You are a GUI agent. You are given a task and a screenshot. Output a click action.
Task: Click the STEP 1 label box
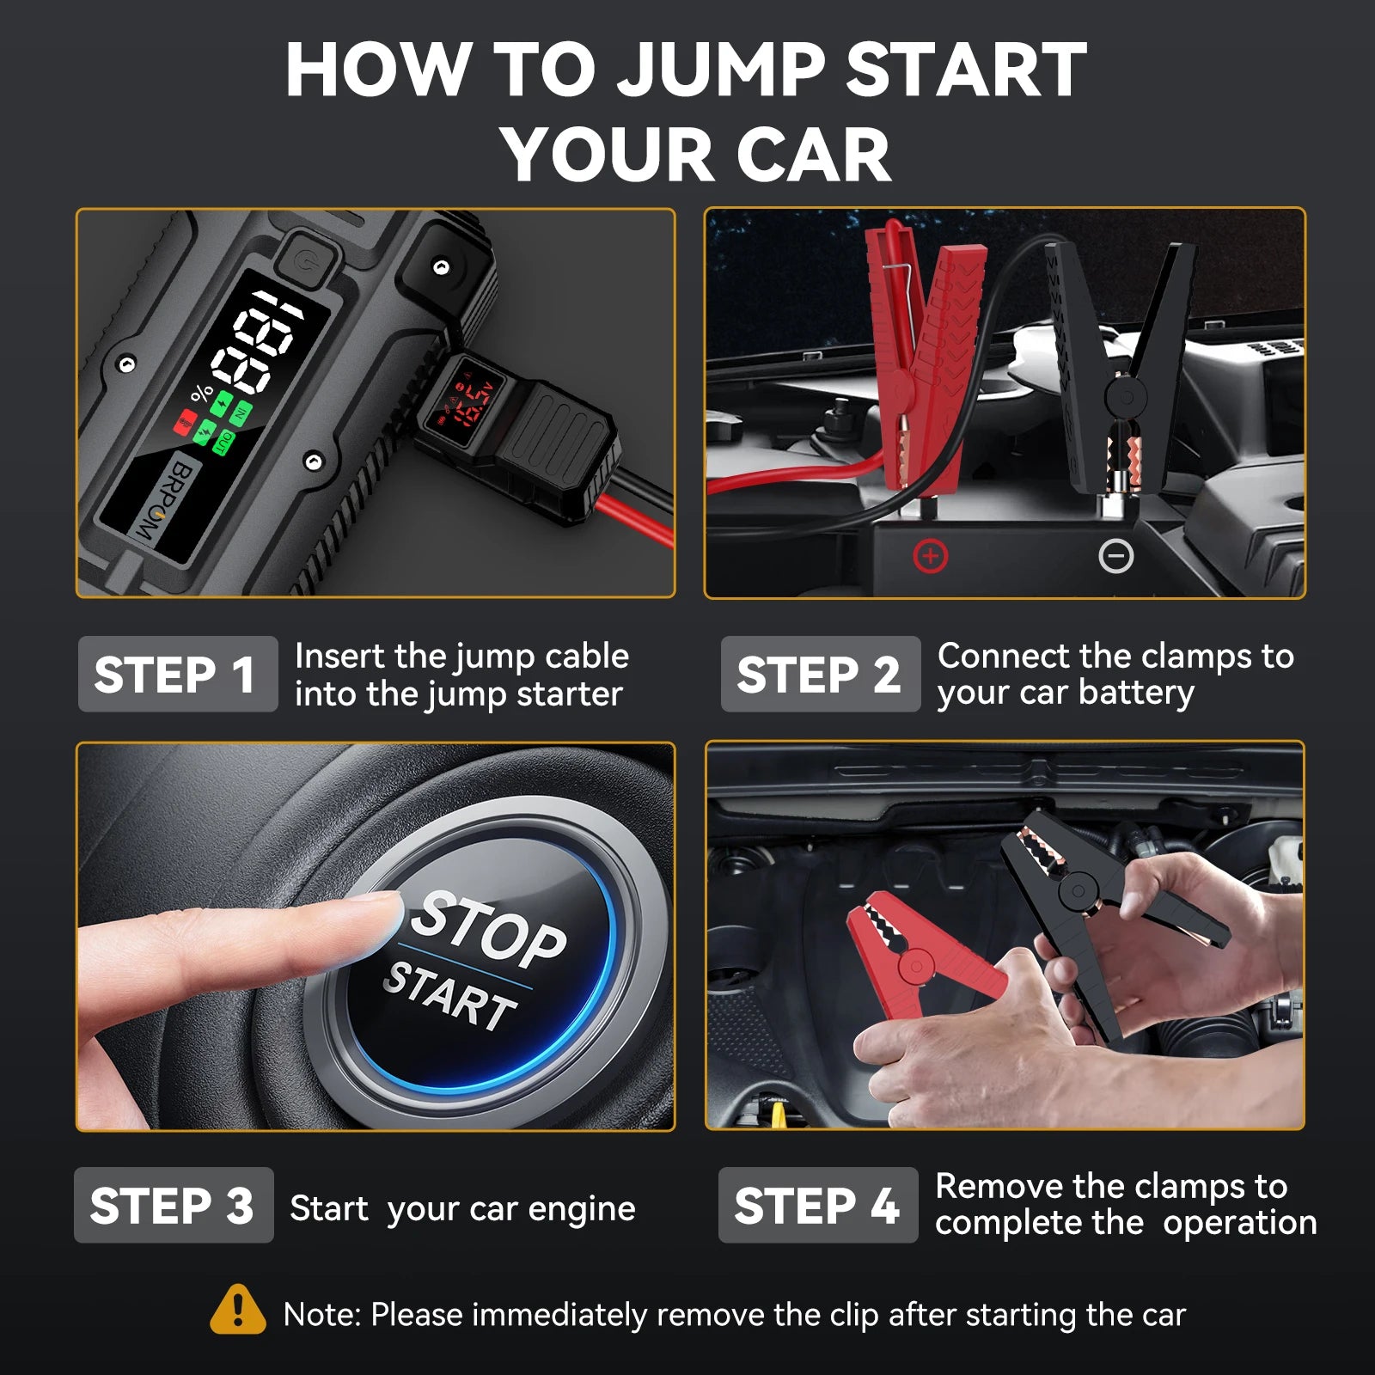click(x=177, y=675)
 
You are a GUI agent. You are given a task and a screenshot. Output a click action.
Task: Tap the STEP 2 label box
click(x=820, y=675)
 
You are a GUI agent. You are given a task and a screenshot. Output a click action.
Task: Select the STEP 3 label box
click(x=173, y=1205)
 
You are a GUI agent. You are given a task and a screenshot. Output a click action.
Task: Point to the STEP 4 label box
click(x=817, y=1205)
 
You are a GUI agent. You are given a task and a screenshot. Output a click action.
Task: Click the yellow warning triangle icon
click(x=237, y=1311)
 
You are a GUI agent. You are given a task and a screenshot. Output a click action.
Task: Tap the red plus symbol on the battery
click(x=930, y=556)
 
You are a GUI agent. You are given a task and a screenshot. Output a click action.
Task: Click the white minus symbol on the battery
click(x=1115, y=557)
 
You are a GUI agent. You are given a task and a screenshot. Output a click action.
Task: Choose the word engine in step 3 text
click(x=581, y=1209)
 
